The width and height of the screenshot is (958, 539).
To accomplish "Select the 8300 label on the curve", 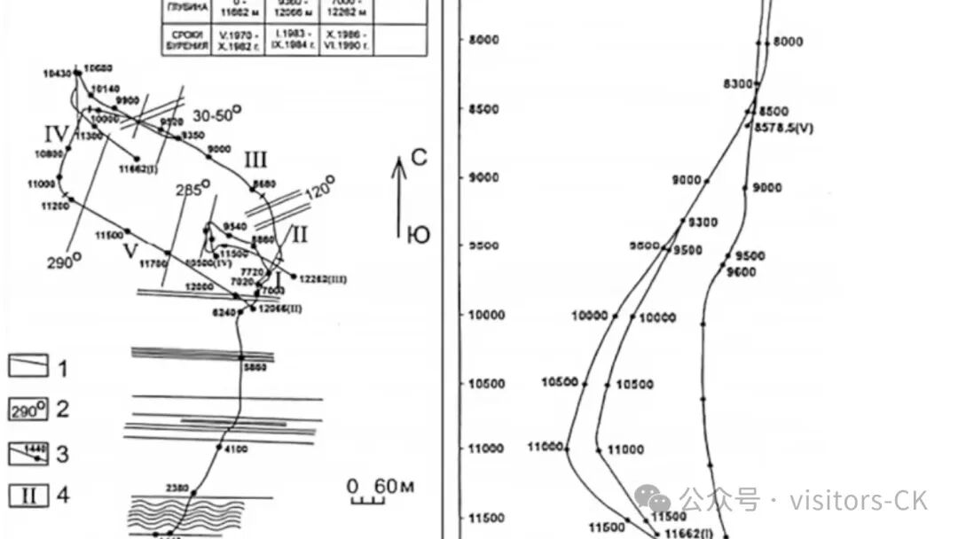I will point(737,84).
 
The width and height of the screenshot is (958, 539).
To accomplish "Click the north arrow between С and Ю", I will point(399,199).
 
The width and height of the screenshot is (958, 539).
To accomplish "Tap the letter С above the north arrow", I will point(419,159).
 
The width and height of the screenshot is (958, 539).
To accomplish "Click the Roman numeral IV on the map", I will point(56,135).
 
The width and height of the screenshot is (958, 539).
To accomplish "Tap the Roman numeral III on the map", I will point(255,160).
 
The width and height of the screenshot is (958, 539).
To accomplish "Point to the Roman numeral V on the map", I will point(130,252).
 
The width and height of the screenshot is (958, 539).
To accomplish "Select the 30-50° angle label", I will point(217,114).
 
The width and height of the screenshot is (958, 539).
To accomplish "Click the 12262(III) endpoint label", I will point(322,280).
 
